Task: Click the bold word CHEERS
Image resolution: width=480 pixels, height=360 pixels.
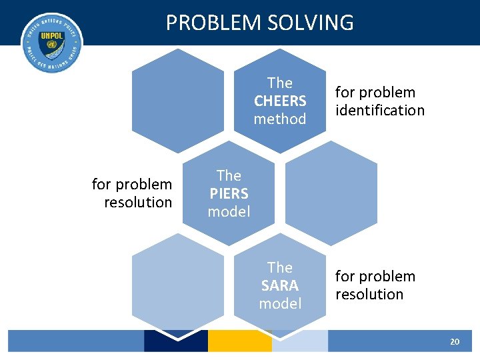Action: coord(280,101)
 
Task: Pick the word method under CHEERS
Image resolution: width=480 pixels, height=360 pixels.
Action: coord(280,119)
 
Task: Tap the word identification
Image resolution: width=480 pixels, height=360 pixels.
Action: coord(380,111)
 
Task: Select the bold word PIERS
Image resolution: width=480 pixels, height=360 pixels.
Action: coord(229,194)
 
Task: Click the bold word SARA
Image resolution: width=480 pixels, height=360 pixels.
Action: coord(280,285)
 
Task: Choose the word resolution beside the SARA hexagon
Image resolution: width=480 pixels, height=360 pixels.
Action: coord(369,295)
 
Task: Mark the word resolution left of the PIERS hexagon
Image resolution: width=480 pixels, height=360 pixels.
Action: coord(138,203)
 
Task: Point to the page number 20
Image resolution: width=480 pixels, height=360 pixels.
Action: coord(455,341)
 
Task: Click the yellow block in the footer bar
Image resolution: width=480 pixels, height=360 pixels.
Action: coord(239,341)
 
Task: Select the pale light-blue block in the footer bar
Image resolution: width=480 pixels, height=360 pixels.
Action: coord(300,341)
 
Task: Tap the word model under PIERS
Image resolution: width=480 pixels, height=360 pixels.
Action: coord(229,212)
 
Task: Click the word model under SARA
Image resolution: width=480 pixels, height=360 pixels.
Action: coord(280,303)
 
